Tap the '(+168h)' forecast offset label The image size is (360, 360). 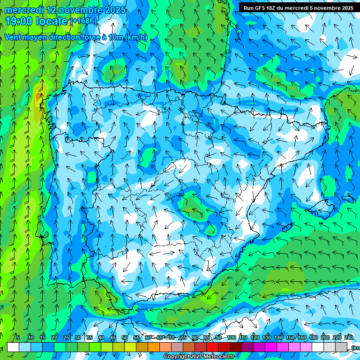tap(84, 21)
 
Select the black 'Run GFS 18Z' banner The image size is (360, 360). tap(299, 7)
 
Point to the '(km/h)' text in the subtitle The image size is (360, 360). tap(136, 37)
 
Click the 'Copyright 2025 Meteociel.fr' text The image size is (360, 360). tap(199, 357)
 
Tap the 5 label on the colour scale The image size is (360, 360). tap(18, 338)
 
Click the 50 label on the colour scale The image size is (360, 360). tap(125, 338)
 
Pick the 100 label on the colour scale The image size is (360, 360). tap(231, 338)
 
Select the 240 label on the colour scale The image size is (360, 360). tap(348, 338)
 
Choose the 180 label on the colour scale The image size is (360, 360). tap(313, 338)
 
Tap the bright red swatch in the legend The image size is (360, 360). tap(212, 347)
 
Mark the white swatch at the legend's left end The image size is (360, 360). tap(13, 347)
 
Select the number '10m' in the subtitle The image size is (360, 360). tap(115, 37)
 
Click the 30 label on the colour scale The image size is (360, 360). tap(78, 338)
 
